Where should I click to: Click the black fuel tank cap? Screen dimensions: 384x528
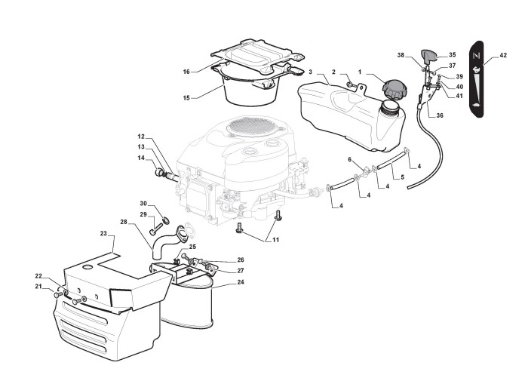click(394, 88)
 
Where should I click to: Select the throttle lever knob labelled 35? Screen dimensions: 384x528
click(433, 55)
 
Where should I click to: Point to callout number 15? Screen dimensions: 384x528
click(186, 97)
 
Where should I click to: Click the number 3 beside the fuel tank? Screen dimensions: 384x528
click(310, 70)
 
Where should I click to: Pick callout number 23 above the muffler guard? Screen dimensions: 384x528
click(103, 235)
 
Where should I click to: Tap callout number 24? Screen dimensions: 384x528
click(240, 283)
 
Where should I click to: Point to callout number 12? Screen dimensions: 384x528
click(140, 137)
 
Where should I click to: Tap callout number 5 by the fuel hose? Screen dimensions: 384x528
click(402, 178)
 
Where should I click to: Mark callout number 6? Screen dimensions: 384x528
click(350, 159)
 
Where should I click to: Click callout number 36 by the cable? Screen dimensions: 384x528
click(440, 115)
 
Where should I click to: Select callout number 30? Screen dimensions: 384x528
click(143, 204)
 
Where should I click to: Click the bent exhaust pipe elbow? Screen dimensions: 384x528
click(167, 241)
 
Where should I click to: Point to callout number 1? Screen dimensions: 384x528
click(360, 71)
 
